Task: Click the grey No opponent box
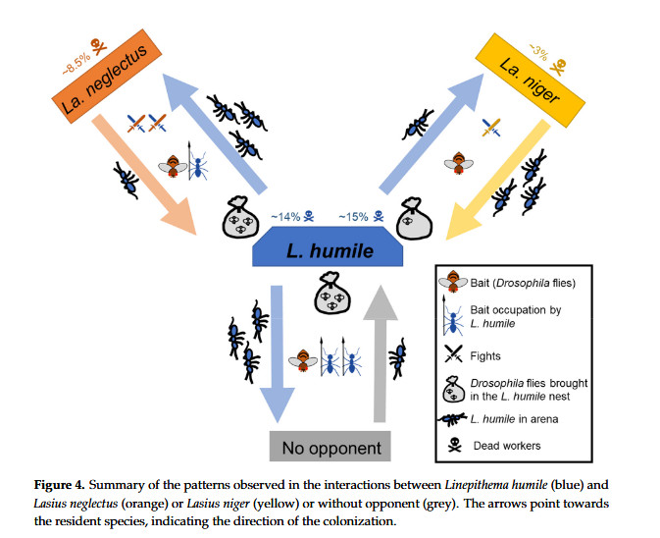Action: point(330,449)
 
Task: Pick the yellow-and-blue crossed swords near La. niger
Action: point(491,127)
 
